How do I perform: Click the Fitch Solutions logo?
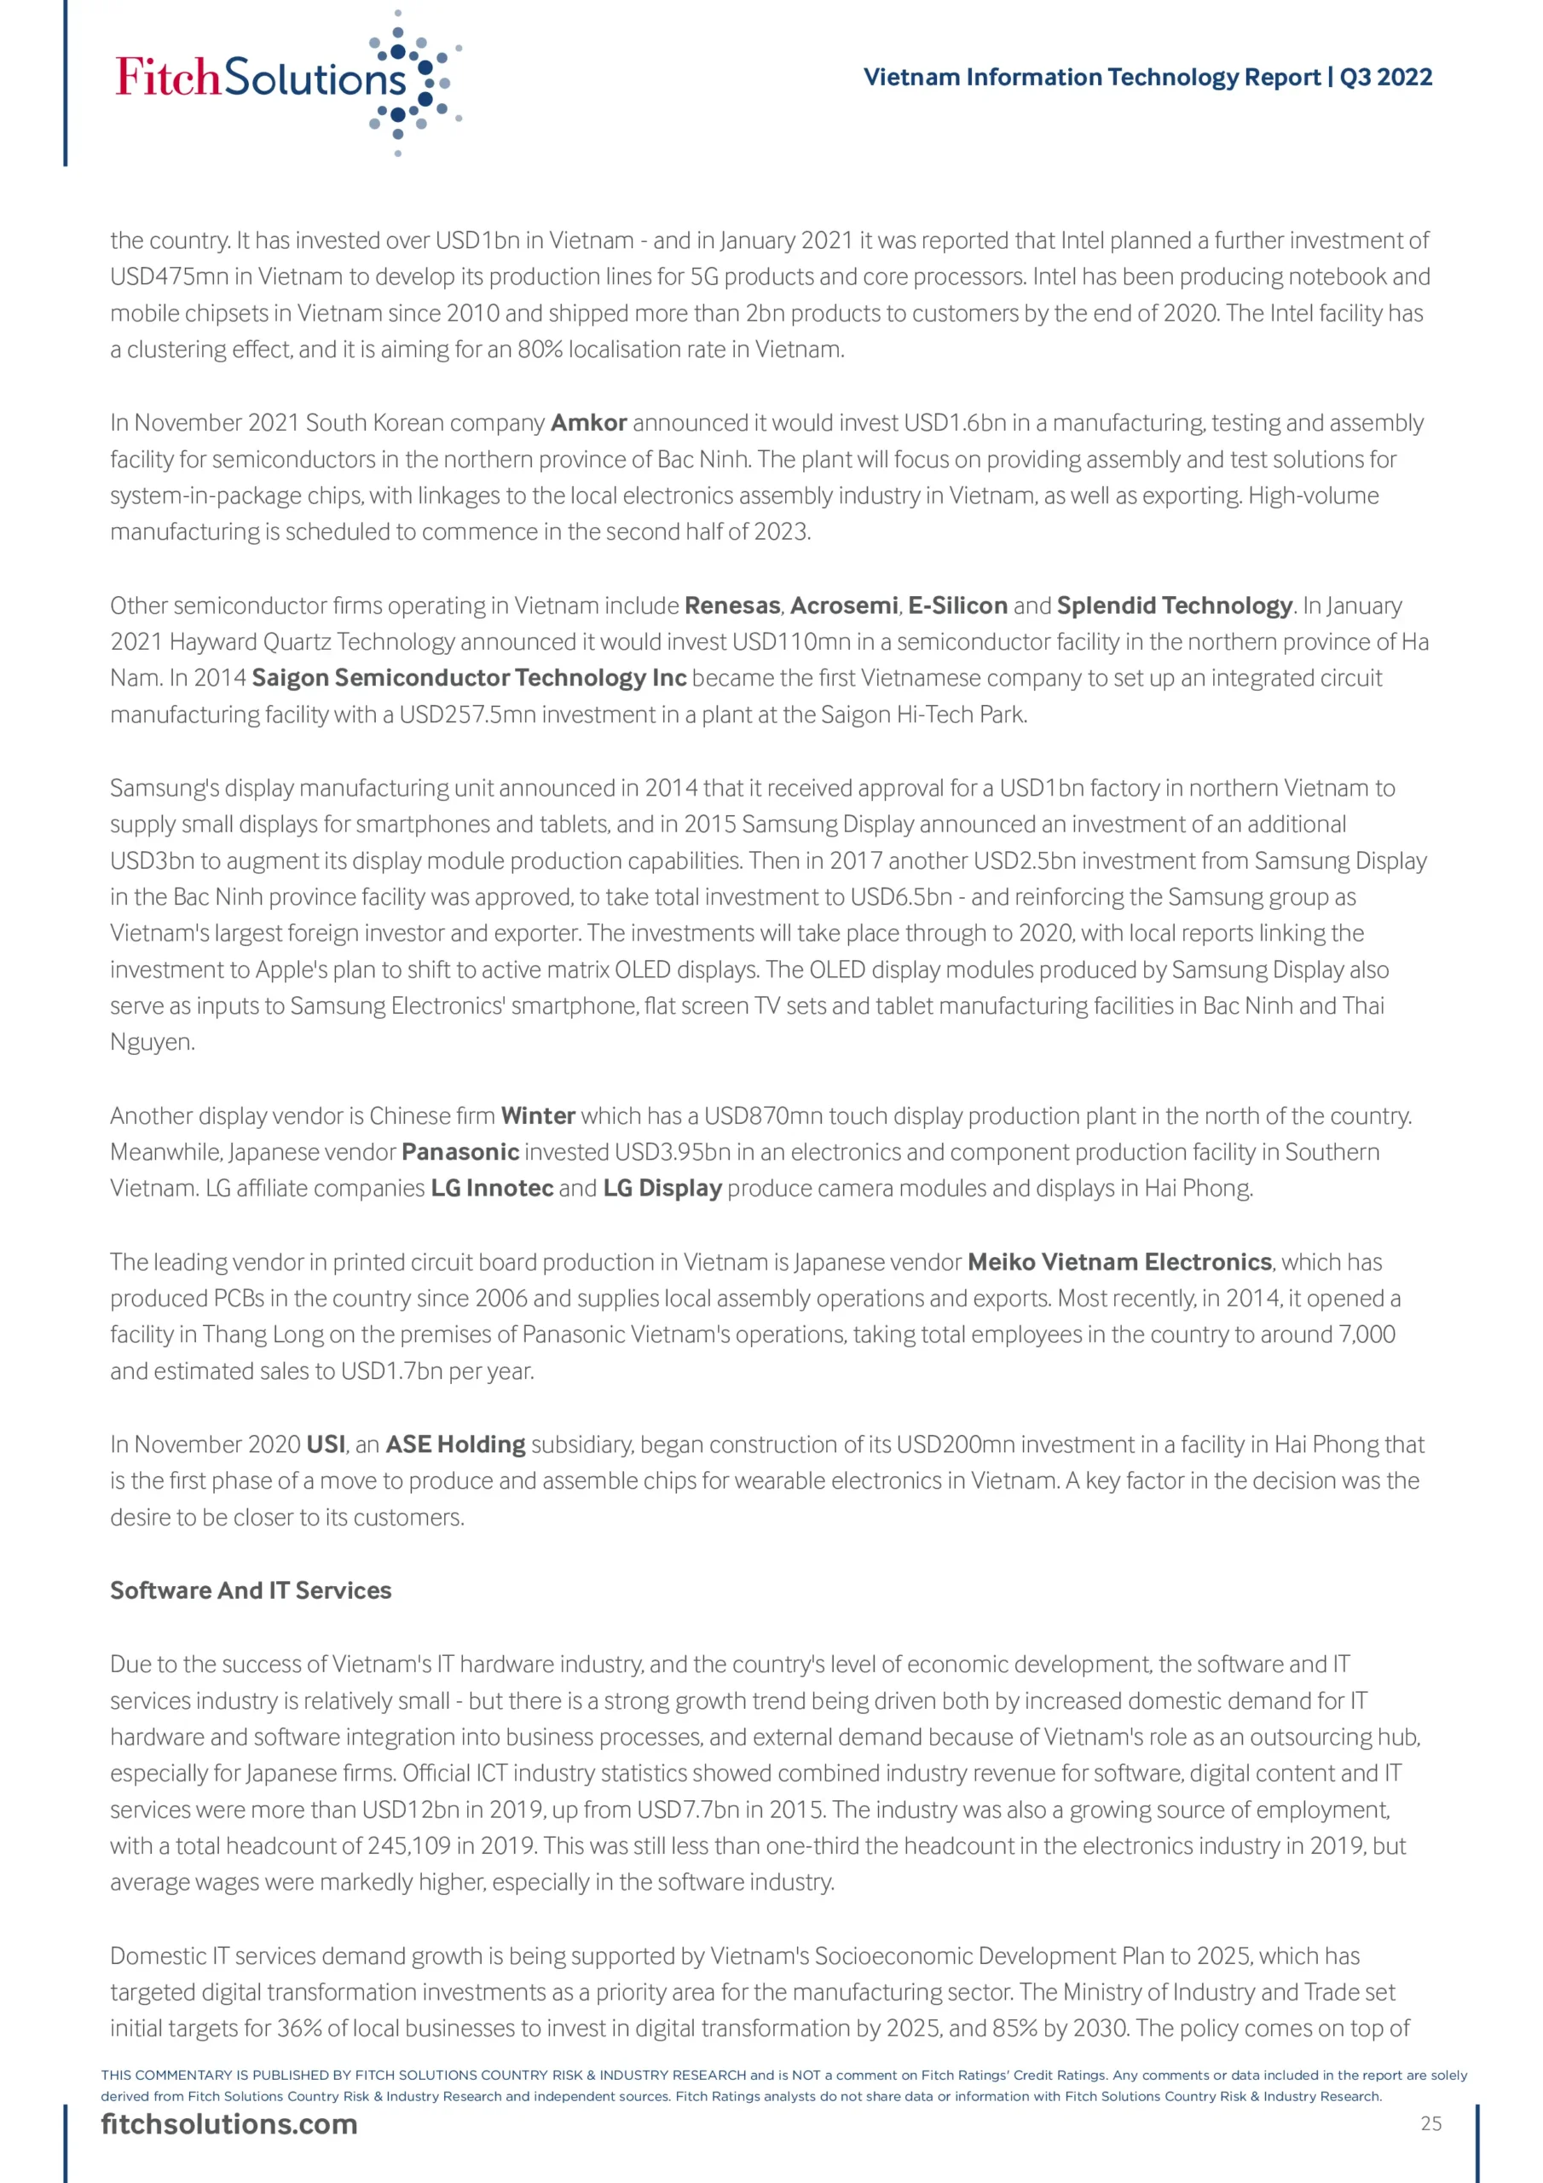pos(286,81)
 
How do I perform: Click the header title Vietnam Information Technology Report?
pos(1094,77)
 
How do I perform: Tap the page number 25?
pos(1430,2123)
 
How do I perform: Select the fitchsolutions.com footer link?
pos(229,2123)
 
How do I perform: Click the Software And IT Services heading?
pos(250,1589)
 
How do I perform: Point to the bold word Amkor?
pos(588,422)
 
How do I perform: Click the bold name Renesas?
pos(732,605)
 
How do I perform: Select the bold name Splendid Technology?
pos(1174,605)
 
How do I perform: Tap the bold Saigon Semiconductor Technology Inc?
pos(469,678)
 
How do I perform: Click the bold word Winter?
pos(538,1115)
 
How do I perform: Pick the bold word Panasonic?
pos(460,1151)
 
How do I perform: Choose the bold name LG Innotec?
pos(492,1189)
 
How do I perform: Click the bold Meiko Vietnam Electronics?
pos(1119,1262)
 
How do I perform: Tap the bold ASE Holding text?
pos(455,1445)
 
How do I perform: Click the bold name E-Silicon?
pos(957,605)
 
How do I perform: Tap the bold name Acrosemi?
pos(843,605)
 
